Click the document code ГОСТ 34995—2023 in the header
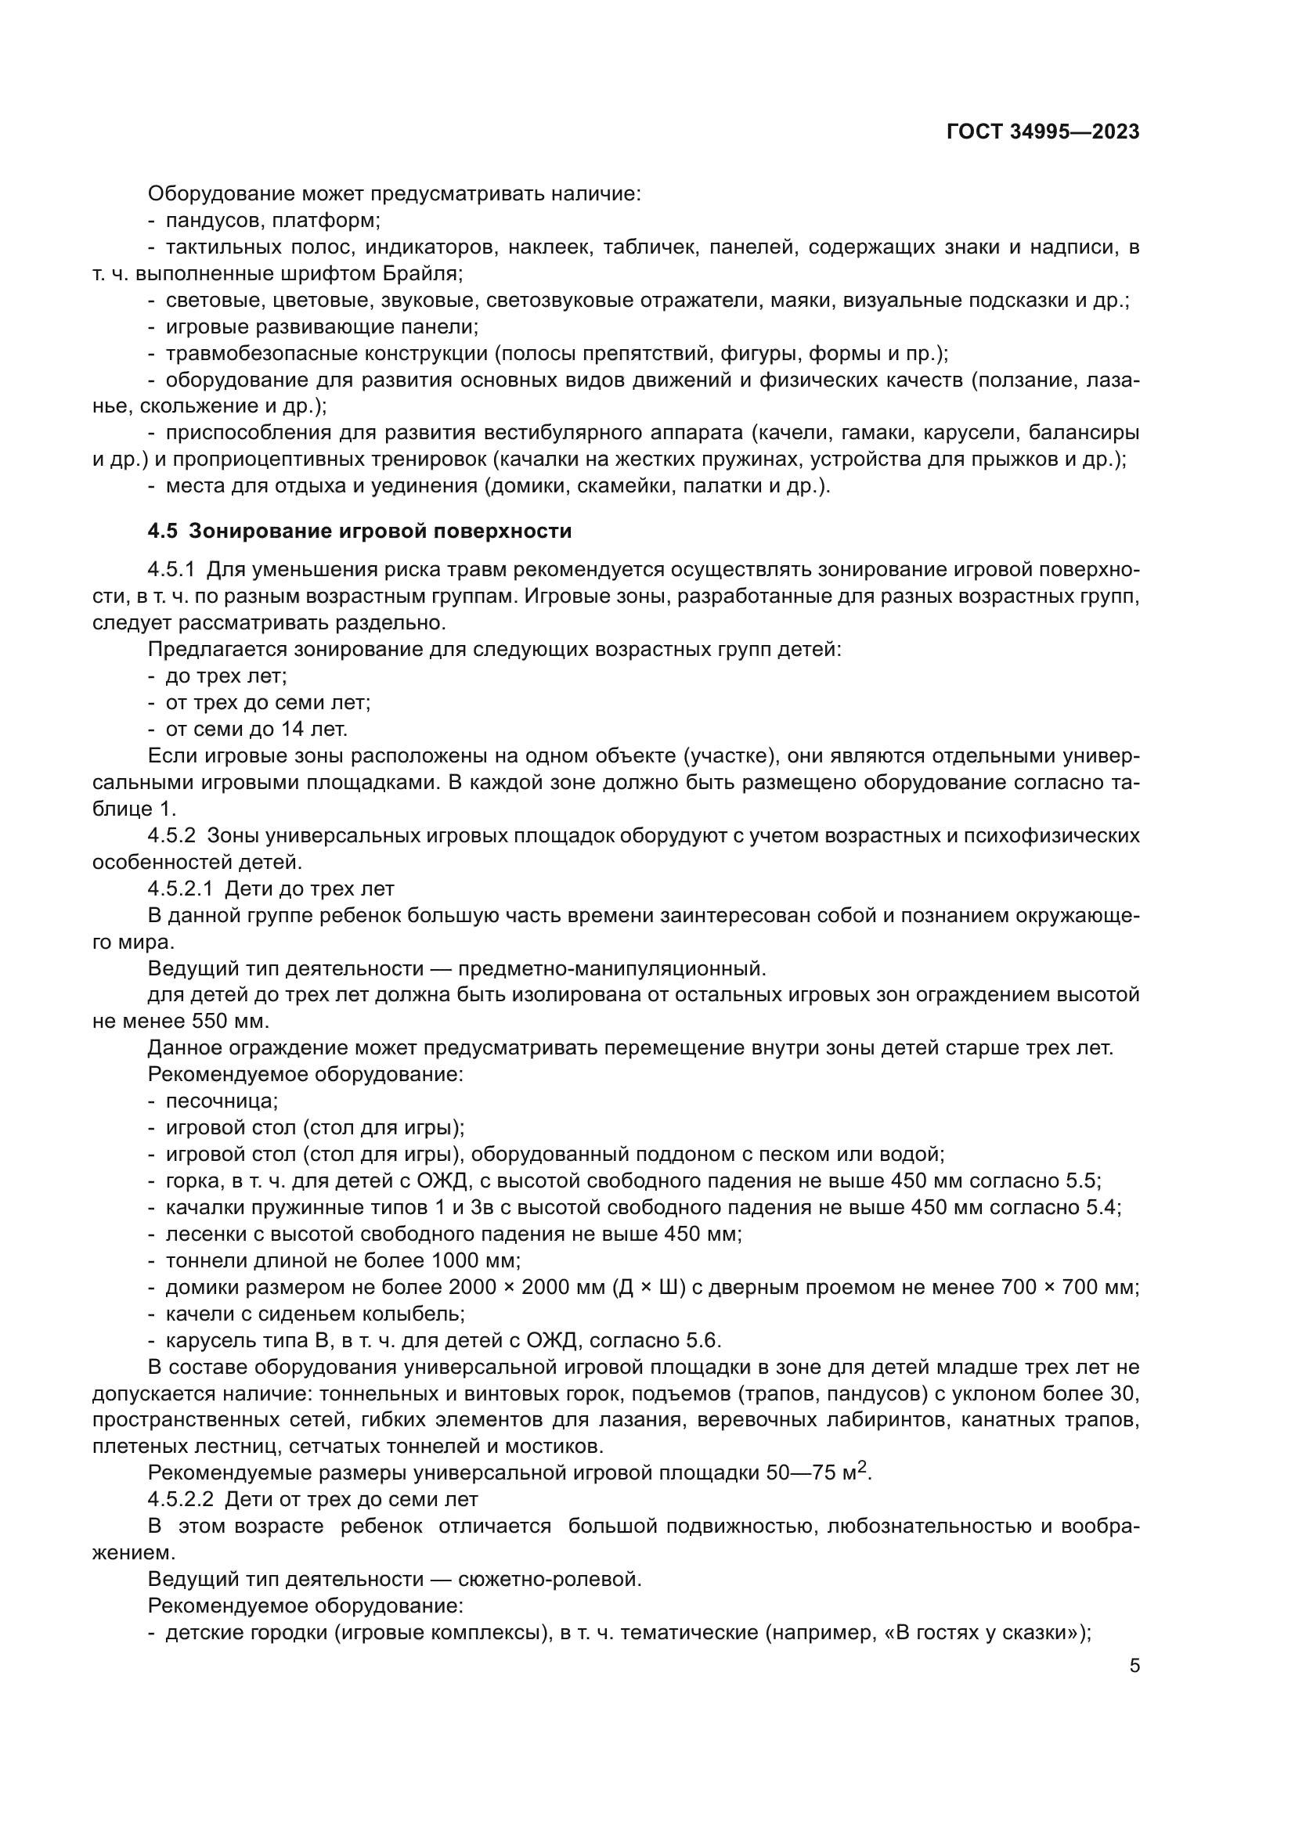(x=1042, y=132)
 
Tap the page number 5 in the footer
(x=1134, y=1666)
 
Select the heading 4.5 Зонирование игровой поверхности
(x=359, y=531)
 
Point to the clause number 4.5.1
(x=171, y=569)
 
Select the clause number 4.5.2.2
(x=180, y=1499)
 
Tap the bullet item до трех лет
(x=225, y=676)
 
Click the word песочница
(x=221, y=1101)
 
